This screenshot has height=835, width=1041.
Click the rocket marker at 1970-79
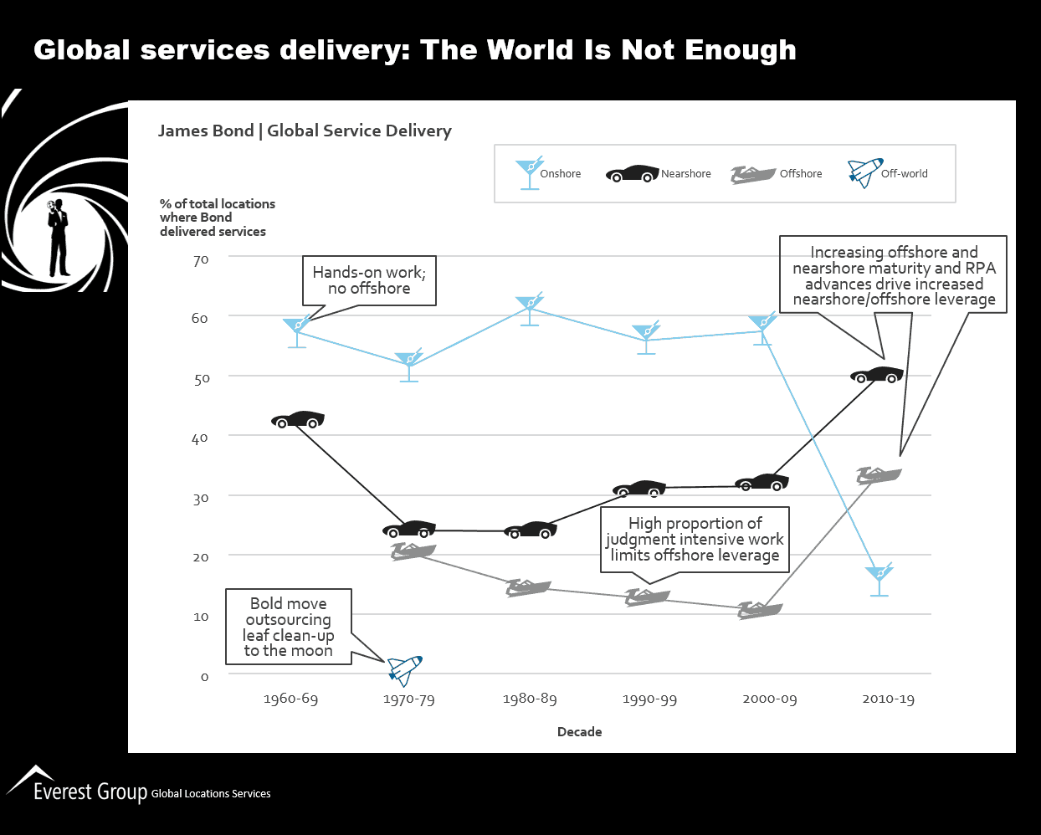point(406,669)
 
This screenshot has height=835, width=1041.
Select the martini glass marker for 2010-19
point(879,578)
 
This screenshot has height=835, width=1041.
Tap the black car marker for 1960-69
point(298,420)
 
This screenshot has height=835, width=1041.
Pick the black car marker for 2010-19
point(877,375)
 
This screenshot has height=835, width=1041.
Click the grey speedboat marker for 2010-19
point(879,475)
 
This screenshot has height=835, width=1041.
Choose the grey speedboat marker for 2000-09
point(759,610)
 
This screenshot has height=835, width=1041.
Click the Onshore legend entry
point(549,174)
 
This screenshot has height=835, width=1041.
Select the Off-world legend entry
point(888,173)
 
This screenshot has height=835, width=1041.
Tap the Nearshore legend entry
point(659,174)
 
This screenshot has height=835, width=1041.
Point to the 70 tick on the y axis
point(200,260)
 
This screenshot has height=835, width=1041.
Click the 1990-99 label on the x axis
point(649,699)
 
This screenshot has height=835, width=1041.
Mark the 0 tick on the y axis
point(204,676)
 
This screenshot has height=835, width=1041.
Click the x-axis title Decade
point(579,731)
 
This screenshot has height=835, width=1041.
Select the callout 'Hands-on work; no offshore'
point(369,280)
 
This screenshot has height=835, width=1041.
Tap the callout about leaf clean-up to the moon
point(288,627)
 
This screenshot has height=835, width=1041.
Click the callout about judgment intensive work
point(695,539)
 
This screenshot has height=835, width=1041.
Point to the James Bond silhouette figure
point(58,237)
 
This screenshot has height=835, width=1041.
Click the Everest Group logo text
point(90,791)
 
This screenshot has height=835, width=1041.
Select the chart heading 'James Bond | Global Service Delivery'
point(305,131)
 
